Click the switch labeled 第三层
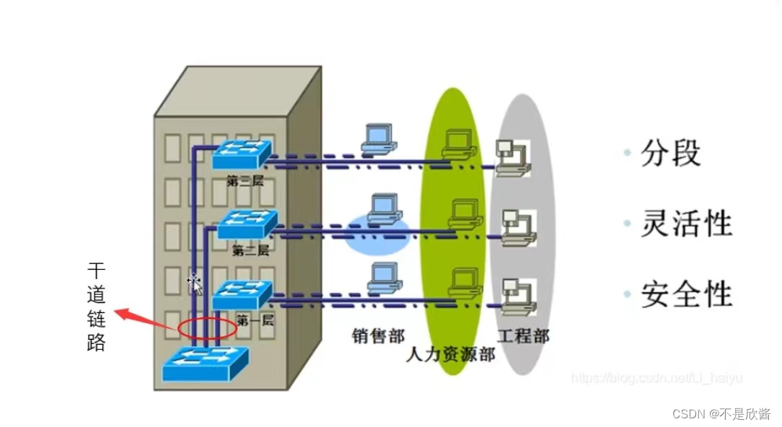242,154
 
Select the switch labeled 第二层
247,224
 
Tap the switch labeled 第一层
242,294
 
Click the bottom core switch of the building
206,364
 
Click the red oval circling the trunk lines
207,329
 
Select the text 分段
671,154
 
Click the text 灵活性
686,224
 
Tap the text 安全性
686,295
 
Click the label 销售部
378,335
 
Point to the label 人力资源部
450,354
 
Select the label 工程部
523,335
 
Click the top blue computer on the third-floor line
379,139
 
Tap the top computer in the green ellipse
460,144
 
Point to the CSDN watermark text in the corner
721,414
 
